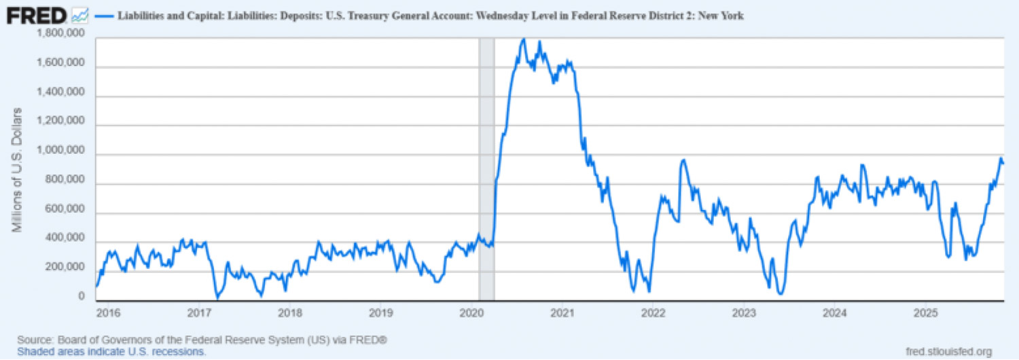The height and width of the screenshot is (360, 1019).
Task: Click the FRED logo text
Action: pyautogui.click(x=36, y=14)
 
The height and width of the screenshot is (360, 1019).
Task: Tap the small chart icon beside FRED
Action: pyautogui.click(x=79, y=14)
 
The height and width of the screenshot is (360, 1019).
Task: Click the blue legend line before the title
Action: pyautogui.click(x=105, y=15)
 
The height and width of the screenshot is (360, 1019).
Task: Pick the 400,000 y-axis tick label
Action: pyautogui.click(x=65, y=238)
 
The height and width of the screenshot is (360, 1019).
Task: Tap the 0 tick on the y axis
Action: pyautogui.click(x=82, y=297)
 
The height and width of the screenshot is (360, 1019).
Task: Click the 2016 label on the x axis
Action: pyautogui.click(x=108, y=313)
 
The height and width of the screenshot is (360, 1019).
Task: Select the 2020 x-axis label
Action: pyautogui.click(x=471, y=313)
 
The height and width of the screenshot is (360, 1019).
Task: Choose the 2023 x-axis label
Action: pyautogui.click(x=744, y=313)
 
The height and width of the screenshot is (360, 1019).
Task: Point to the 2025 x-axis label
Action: pyautogui.click(x=925, y=313)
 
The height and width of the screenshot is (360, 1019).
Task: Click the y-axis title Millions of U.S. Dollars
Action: pyautogui.click(x=18, y=169)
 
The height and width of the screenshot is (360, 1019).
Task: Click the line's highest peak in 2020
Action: pyautogui.click(x=523, y=39)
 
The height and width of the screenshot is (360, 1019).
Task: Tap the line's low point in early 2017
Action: pyautogui.click(x=217, y=297)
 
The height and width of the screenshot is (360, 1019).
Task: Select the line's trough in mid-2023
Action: pyautogui.click(x=781, y=293)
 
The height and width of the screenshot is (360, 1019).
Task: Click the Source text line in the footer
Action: pyautogui.click(x=202, y=339)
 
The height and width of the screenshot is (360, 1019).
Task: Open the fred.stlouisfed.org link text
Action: pyautogui.click(x=949, y=351)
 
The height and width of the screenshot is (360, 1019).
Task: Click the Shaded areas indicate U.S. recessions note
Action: pyautogui.click(x=111, y=351)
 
